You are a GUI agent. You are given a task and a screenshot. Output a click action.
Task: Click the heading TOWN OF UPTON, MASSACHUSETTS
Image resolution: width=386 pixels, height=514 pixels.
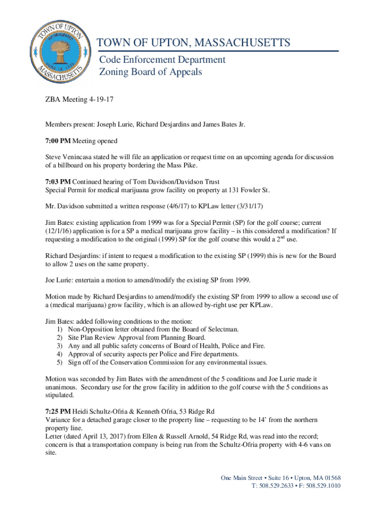[194, 43]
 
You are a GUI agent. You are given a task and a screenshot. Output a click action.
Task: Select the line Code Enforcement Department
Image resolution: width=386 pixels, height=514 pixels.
[162, 60]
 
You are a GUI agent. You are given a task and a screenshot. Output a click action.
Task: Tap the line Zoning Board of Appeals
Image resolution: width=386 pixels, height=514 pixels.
[150, 72]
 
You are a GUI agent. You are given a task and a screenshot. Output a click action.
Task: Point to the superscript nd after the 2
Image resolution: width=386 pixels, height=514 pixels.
[282, 236]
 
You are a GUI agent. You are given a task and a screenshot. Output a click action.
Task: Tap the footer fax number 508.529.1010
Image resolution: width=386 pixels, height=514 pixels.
[324, 486]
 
